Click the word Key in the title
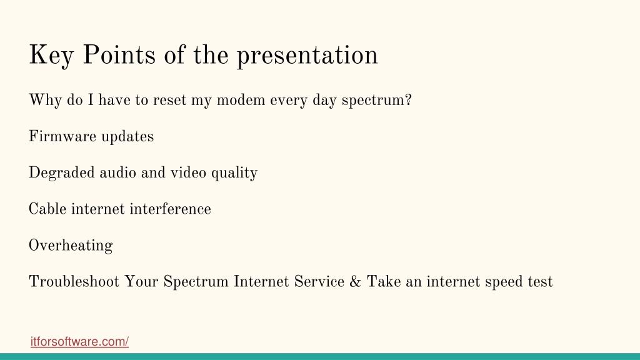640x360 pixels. (51, 55)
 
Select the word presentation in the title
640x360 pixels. (307, 56)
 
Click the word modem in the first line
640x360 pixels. (241, 100)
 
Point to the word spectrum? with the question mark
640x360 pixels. (377, 101)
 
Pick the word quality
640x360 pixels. (234, 173)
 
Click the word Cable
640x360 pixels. (47, 209)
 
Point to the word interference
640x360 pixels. (171, 209)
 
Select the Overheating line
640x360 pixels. (71, 246)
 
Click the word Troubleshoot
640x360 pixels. (74, 282)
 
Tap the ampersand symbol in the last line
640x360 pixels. (355, 282)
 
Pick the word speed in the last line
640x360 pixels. (503, 282)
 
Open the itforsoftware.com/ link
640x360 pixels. (79, 342)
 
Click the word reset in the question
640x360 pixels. (170, 101)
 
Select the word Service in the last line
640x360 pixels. (319, 282)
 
